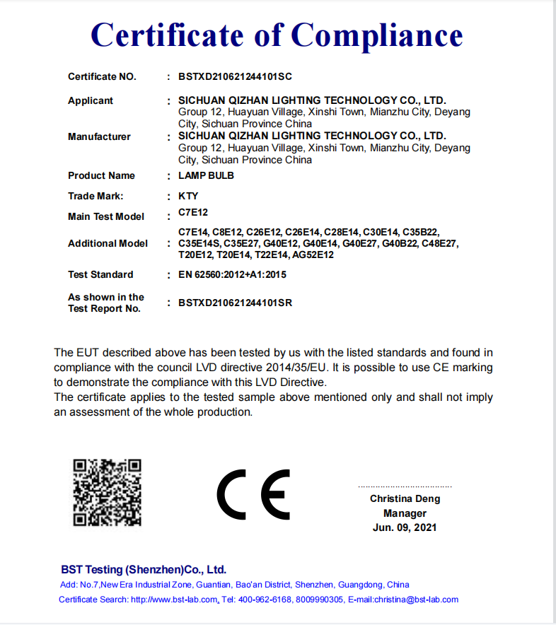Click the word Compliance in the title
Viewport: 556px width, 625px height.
377,35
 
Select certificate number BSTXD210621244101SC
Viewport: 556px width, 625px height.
235,76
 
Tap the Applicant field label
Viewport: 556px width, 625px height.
91,100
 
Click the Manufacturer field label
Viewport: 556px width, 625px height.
99,136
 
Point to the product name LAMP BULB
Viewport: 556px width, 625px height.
206,175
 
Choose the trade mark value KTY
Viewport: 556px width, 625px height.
188,196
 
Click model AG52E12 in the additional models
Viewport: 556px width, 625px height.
313,255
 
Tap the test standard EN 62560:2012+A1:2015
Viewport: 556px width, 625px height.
233,274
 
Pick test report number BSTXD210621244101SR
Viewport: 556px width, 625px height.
235,303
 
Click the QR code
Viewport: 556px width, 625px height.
108,493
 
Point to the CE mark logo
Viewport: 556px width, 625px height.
253,494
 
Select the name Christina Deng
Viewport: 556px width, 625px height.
405,498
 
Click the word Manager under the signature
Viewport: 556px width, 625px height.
405,513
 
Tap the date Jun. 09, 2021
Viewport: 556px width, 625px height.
405,527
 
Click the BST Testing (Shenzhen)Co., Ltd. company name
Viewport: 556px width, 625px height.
144,569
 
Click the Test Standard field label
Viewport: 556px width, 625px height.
100,274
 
